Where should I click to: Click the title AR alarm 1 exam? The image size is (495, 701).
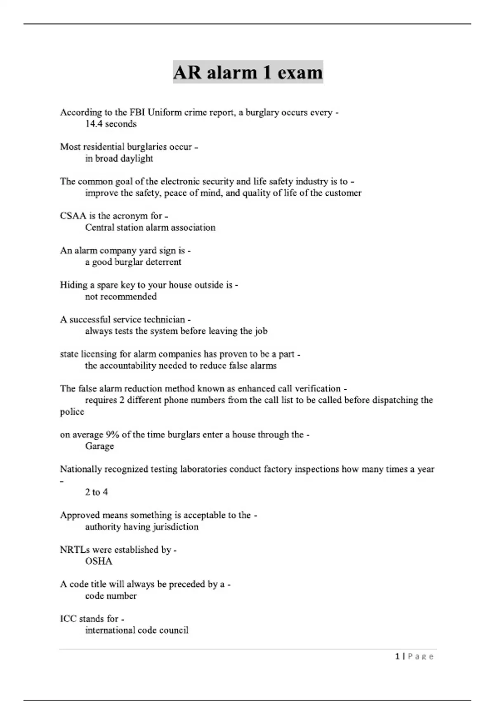click(x=247, y=73)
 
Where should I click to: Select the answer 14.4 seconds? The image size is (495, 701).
click(x=111, y=124)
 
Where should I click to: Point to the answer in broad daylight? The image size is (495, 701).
click(x=119, y=158)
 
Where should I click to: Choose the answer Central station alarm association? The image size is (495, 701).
click(x=150, y=228)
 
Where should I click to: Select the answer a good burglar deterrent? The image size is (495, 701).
click(x=133, y=262)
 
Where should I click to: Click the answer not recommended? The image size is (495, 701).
click(x=120, y=296)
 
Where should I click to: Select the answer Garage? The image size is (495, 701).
click(x=99, y=446)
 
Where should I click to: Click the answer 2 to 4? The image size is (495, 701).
click(x=96, y=492)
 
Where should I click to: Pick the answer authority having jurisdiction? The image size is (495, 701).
click(x=141, y=527)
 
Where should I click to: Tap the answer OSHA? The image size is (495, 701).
click(x=99, y=561)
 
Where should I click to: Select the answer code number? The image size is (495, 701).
click(x=111, y=596)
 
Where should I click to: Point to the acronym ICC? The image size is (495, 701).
click(x=68, y=619)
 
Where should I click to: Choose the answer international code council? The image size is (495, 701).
click(x=137, y=630)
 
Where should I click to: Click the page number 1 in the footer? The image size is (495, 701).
click(x=397, y=656)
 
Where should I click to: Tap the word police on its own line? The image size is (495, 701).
click(x=72, y=412)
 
